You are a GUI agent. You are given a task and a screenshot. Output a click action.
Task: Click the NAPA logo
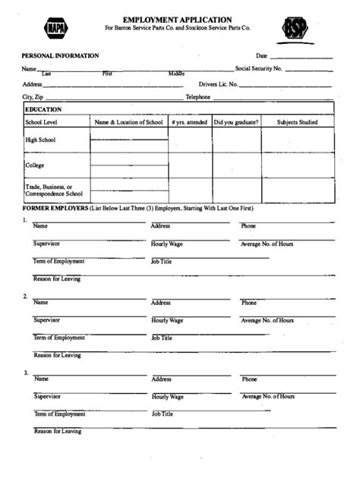(x=55, y=28)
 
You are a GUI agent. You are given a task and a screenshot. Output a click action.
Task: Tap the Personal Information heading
(x=60, y=56)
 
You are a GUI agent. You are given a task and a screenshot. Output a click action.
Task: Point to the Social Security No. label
(x=258, y=68)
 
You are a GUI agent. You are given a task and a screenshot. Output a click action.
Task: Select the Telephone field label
(x=198, y=97)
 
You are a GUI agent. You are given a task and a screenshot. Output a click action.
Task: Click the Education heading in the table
(x=43, y=110)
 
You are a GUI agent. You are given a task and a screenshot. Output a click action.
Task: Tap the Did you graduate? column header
(x=236, y=122)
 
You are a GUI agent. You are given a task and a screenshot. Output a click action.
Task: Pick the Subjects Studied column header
(x=297, y=122)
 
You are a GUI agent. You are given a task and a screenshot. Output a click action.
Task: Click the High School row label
(x=40, y=140)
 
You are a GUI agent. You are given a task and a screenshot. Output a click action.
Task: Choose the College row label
(x=35, y=165)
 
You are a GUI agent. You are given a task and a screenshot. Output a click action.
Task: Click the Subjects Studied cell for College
(x=298, y=165)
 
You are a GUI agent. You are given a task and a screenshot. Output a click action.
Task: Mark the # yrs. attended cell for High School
(x=190, y=140)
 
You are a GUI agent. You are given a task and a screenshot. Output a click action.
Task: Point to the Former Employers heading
(x=55, y=208)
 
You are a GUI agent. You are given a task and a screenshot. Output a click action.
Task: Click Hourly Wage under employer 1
(x=167, y=244)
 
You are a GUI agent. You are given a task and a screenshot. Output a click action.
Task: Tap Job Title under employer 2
(x=162, y=338)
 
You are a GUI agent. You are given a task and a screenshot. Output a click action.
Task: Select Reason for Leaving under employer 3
(x=57, y=432)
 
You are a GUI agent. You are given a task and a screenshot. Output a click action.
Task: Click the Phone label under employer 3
(x=249, y=379)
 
